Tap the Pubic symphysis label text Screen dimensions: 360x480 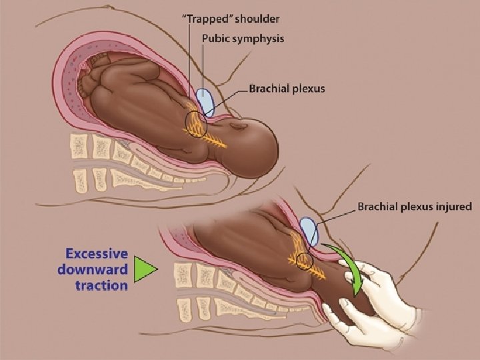(243, 39)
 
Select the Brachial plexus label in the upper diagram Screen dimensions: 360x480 (287, 88)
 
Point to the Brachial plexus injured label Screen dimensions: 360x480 (415, 207)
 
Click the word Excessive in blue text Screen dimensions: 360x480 (96, 254)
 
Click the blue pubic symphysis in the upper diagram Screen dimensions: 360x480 (206, 103)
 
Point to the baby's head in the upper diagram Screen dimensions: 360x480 (253, 143)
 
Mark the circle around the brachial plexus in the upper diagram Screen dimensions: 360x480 (196, 125)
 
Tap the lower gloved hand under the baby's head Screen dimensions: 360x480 (353, 320)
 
